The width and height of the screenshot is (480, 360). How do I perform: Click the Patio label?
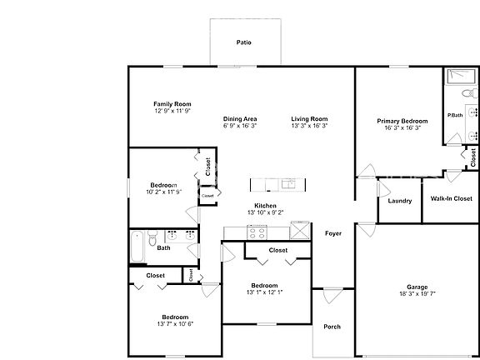(x=243, y=42)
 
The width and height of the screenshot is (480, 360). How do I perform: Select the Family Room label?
(x=172, y=104)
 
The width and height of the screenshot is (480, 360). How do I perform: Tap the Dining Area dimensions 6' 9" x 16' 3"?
(x=240, y=126)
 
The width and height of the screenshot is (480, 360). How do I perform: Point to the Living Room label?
(x=309, y=118)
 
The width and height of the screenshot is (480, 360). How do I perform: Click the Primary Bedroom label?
(x=402, y=121)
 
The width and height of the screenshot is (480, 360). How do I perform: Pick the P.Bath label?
(x=455, y=115)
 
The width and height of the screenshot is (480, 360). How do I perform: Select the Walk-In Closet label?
(x=451, y=198)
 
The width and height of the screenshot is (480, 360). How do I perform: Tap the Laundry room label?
(x=400, y=200)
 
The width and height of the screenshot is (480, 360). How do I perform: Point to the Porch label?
(x=332, y=327)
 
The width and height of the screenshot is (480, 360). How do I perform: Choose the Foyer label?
(x=333, y=233)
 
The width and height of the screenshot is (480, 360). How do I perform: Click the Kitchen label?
(x=265, y=205)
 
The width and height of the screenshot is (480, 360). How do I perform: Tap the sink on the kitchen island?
(x=287, y=183)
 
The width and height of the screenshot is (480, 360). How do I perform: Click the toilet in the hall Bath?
(x=152, y=239)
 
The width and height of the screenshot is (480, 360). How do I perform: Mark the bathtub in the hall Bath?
(x=136, y=247)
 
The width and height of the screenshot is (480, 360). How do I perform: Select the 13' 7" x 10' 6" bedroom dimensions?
(x=175, y=324)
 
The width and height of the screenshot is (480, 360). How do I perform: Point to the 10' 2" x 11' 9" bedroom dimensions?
(x=163, y=192)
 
